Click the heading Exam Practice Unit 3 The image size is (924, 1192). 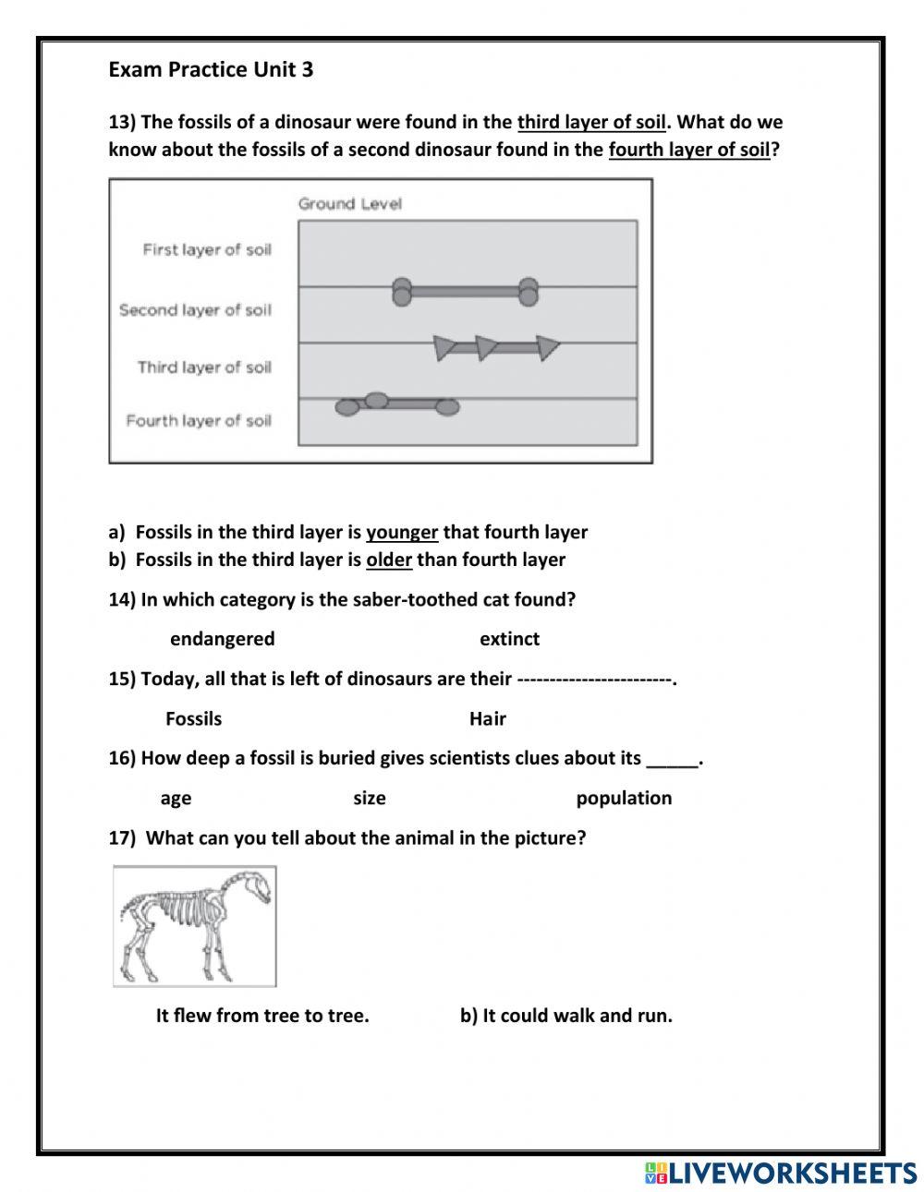pyautogui.click(x=211, y=69)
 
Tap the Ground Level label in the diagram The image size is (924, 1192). pyautogui.click(x=349, y=203)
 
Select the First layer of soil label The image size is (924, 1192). pyautogui.click(x=207, y=249)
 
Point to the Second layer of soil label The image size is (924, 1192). pyautogui.click(x=195, y=310)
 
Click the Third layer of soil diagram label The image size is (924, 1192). pyautogui.click(x=204, y=367)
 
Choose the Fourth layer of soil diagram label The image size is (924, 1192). pyautogui.click(x=199, y=421)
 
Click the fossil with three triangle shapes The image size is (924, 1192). pyautogui.click(x=497, y=348)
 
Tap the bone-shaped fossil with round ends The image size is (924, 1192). pyautogui.click(x=465, y=292)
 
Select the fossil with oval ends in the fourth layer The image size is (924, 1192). pyautogui.click(x=397, y=403)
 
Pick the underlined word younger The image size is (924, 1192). pyautogui.click(x=402, y=532)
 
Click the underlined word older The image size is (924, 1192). pyautogui.click(x=389, y=560)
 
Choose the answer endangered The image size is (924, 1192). pyautogui.click(x=222, y=639)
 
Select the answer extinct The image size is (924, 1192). pyautogui.click(x=509, y=639)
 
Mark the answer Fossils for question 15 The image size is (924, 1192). pyautogui.click(x=193, y=718)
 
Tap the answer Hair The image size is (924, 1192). pyautogui.click(x=487, y=718)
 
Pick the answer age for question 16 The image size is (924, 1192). pyautogui.click(x=176, y=798)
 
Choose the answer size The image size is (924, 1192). pyautogui.click(x=369, y=798)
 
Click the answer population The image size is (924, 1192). pyautogui.click(x=624, y=798)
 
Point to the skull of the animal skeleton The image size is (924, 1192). pyautogui.click(x=260, y=888)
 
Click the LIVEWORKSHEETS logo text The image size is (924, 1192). pyautogui.click(x=791, y=1173)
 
